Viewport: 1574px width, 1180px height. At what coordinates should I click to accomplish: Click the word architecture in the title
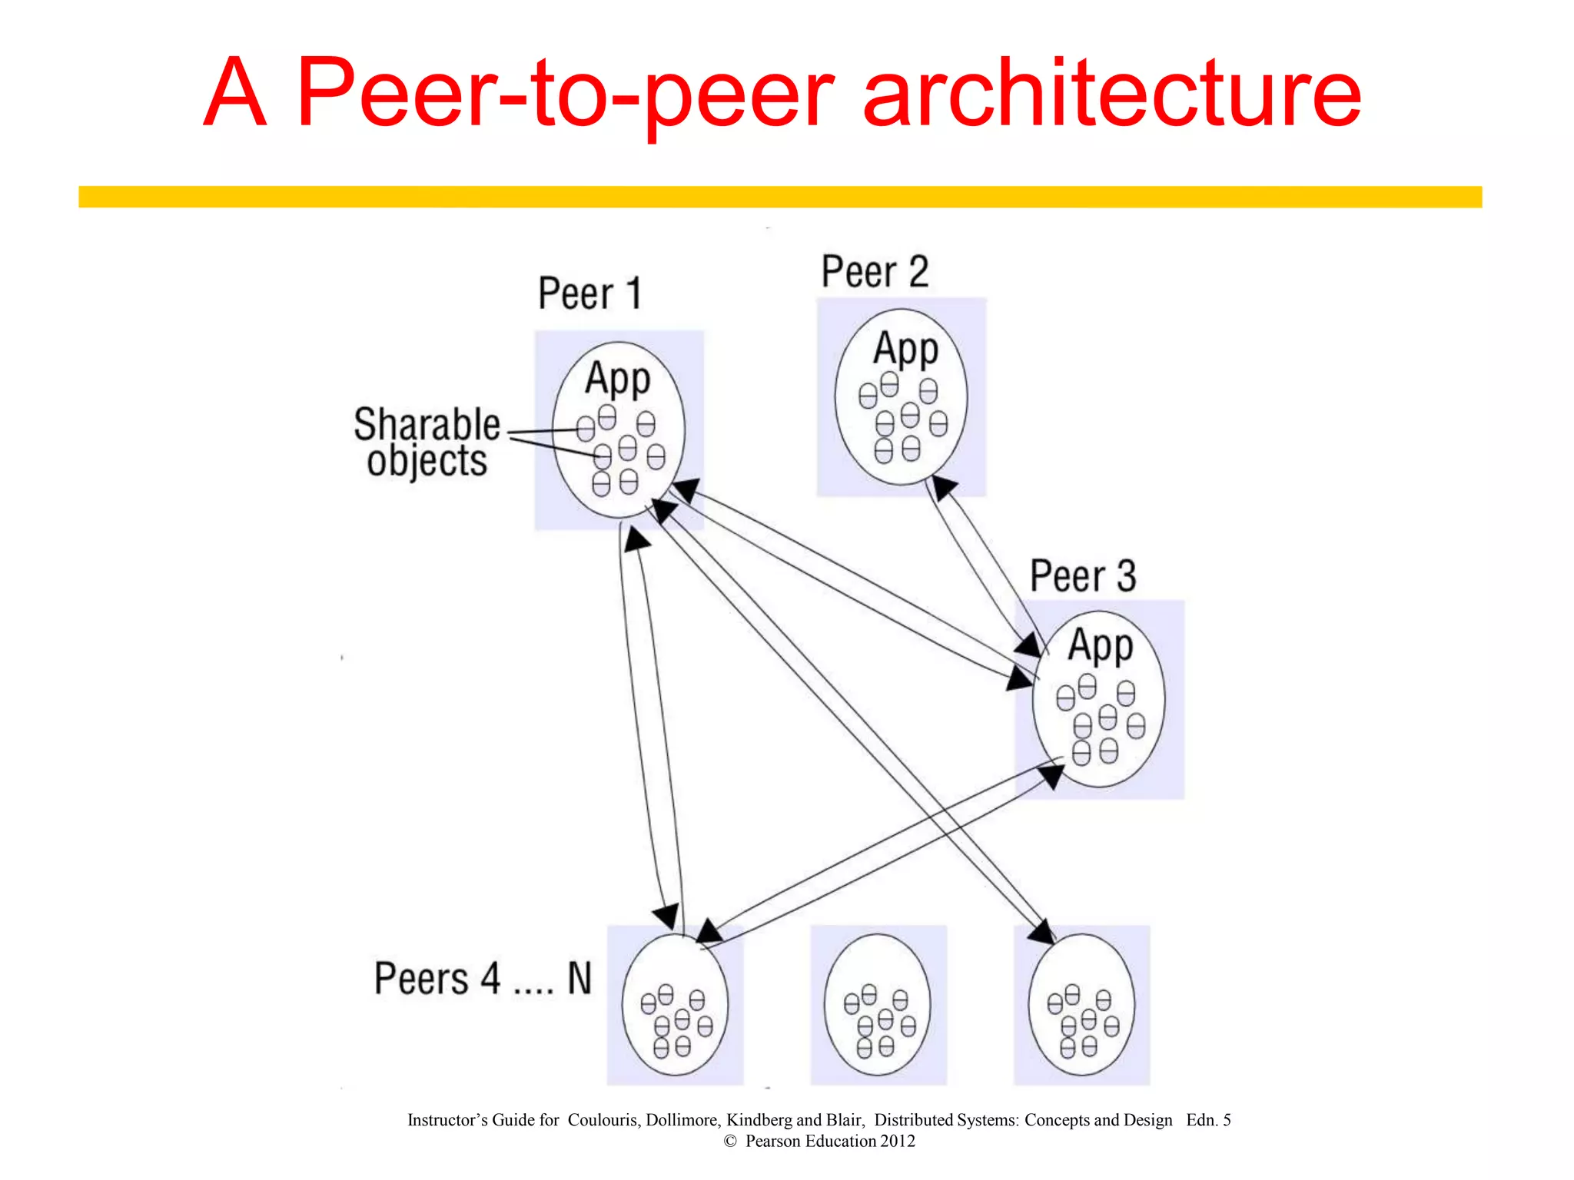1112,94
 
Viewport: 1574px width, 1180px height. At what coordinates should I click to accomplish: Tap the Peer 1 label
589,293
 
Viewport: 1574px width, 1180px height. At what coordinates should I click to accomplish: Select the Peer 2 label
875,272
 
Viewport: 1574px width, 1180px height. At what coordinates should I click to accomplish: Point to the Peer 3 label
1082,576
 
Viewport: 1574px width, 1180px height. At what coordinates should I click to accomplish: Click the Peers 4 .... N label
483,979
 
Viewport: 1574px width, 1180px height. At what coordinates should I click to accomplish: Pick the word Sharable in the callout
427,424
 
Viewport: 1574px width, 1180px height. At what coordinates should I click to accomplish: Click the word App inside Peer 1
617,378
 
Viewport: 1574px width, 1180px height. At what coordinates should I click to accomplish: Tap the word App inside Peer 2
905,349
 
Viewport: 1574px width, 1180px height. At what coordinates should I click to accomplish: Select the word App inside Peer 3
1100,645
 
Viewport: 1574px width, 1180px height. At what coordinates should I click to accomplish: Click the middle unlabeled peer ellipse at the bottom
877,1003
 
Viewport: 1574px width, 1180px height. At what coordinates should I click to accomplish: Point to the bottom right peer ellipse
1081,1003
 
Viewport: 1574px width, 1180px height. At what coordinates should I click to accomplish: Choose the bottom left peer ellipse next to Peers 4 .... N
675,1003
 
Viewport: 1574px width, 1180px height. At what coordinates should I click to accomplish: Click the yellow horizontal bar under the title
779,197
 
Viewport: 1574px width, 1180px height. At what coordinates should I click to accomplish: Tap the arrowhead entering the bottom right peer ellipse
1043,931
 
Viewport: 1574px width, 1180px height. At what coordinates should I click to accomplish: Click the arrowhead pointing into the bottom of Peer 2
943,488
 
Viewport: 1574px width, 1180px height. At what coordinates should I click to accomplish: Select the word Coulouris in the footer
603,1120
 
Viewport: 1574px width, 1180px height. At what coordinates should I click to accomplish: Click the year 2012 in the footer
898,1142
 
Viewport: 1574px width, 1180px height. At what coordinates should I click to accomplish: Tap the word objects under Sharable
427,461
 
